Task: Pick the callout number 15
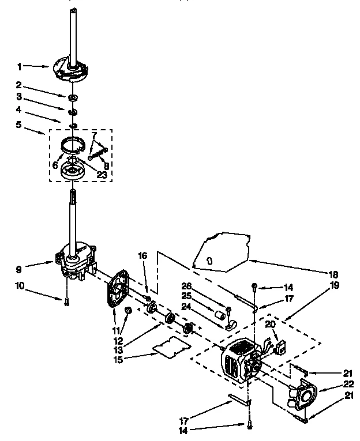[134, 360]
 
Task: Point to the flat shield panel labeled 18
[219, 251]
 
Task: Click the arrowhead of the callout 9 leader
[53, 263]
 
